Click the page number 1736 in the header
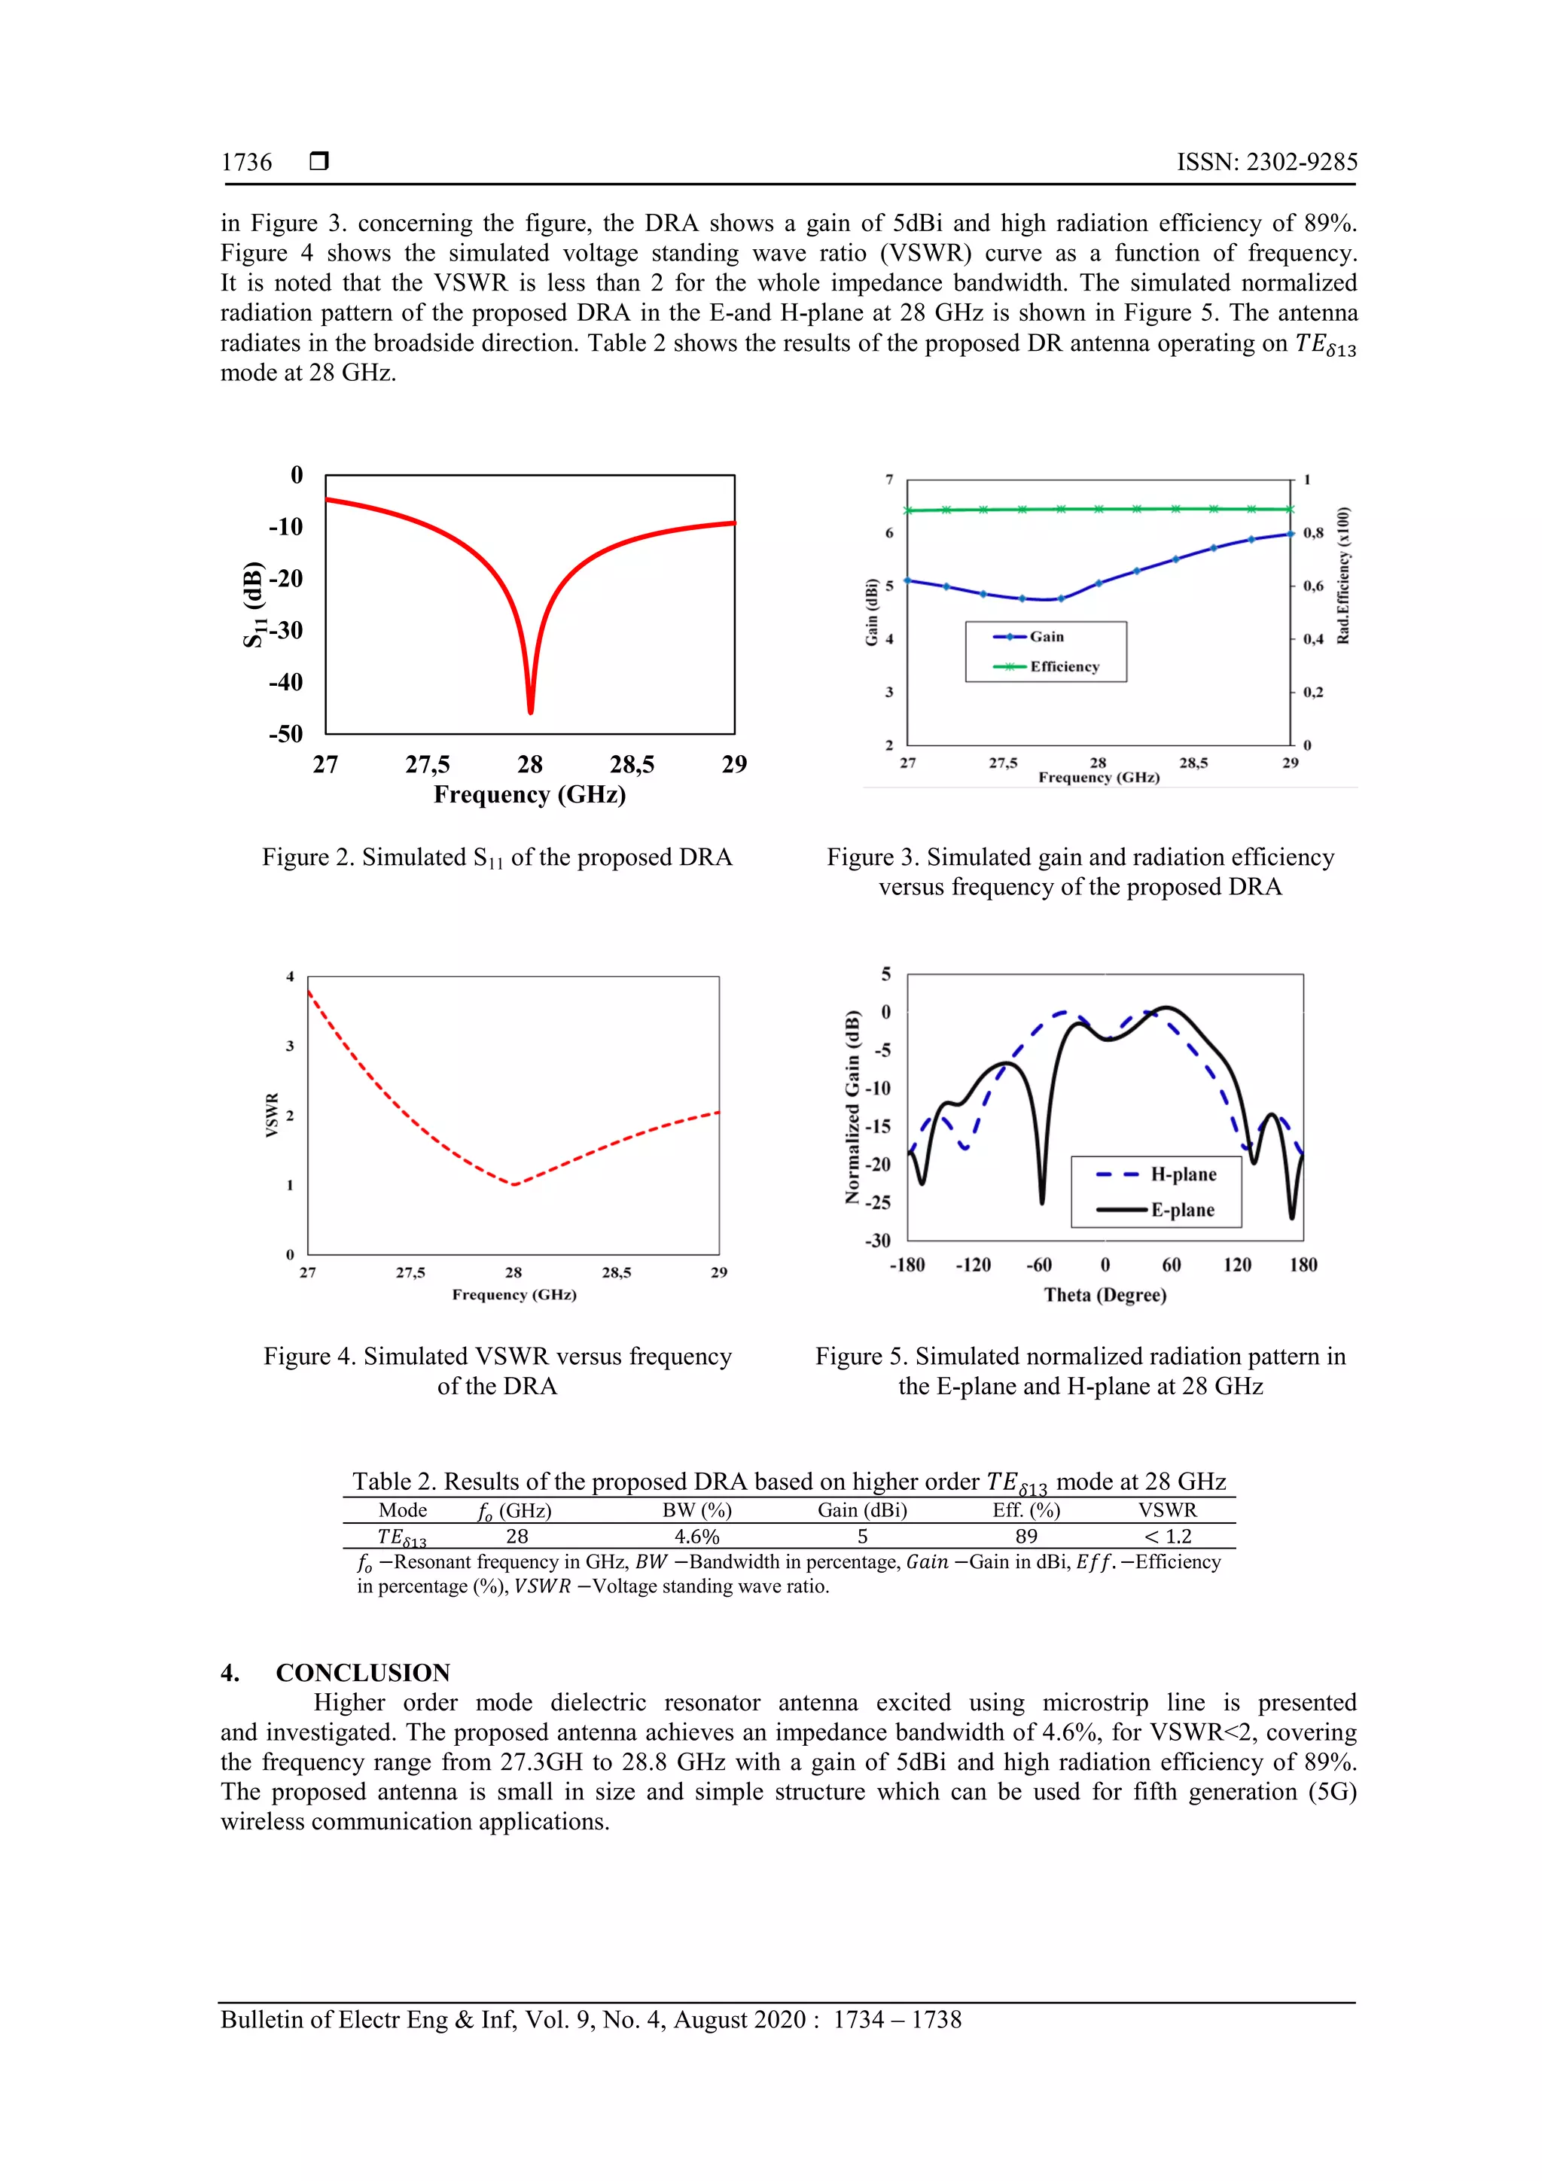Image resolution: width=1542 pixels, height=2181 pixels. click(x=246, y=163)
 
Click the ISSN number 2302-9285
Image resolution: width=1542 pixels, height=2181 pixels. click(x=1300, y=163)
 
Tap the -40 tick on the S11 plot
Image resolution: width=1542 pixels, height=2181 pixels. click(x=285, y=682)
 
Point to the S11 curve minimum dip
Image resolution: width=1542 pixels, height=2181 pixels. click(x=530, y=710)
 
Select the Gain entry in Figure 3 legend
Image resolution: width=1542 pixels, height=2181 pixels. click(x=1046, y=636)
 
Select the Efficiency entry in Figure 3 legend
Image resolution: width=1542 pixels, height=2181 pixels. click(x=1063, y=667)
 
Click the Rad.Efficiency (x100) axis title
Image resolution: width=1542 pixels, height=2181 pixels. click(x=1342, y=576)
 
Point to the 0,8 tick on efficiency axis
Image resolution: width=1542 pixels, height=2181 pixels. click(x=1313, y=533)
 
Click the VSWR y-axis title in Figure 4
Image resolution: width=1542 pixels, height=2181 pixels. click(x=273, y=1115)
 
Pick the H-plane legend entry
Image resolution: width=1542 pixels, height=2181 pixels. click(x=1183, y=1175)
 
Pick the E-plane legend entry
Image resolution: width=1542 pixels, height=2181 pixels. click(x=1182, y=1210)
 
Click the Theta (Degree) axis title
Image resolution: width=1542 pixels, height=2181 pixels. click(x=1105, y=1295)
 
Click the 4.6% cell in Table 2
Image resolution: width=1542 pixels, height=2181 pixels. click(x=696, y=1536)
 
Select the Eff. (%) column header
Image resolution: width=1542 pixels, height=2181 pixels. click(x=1026, y=1510)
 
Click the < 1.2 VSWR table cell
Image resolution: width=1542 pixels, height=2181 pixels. click(x=1168, y=1536)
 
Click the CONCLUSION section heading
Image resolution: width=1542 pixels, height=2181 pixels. click(x=362, y=1673)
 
